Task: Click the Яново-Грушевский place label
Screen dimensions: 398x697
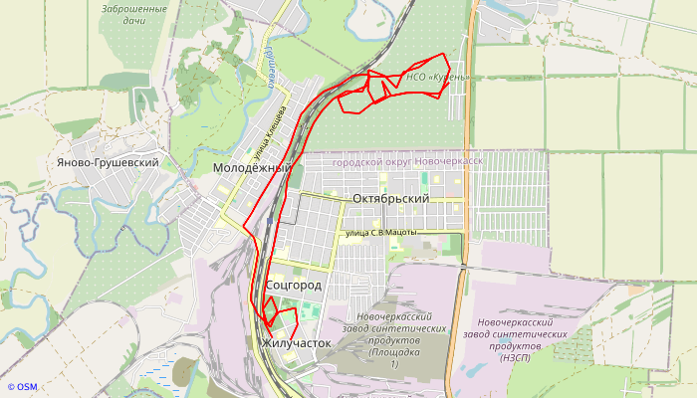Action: click(110, 162)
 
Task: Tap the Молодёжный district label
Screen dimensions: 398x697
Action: click(252, 168)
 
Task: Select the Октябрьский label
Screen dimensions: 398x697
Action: click(390, 198)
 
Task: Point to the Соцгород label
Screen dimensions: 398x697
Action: click(295, 286)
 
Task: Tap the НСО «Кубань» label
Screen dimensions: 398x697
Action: click(437, 77)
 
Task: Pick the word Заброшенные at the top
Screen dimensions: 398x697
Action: click(133, 9)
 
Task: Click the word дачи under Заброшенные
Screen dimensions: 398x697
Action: click(133, 21)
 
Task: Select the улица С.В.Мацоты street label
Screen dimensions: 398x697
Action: click(380, 233)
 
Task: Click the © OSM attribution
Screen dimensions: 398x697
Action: click(22, 387)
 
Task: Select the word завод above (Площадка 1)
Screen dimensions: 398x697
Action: click(360, 328)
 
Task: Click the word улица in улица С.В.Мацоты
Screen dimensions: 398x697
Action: click(354, 233)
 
